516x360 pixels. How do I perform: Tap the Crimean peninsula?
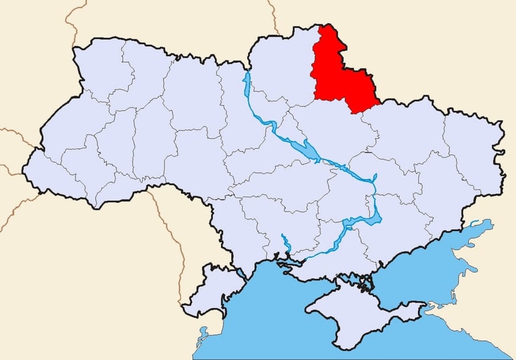pyautogui.click(x=356, y=313)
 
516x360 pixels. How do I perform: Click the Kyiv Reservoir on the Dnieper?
pyautogui.click(x=247, y=86)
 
